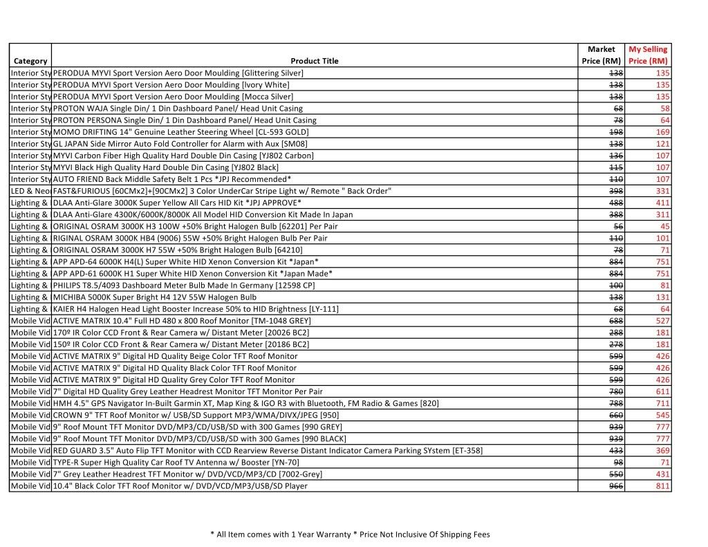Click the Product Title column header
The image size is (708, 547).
point(315,61)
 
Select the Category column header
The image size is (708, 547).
point(30,61)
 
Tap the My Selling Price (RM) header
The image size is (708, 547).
point(648,55)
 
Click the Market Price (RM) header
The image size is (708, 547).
point(601,55)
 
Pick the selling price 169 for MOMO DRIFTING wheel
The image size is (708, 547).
point(662,132)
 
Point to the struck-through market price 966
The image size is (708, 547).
point(615,486)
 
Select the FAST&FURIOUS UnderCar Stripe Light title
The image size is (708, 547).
point(222,191)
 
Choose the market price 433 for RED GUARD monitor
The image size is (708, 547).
point(615,451)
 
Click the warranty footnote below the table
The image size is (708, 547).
point(350,535)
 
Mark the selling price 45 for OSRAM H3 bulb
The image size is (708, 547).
point(664,226)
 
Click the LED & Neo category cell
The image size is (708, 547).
point(30,191)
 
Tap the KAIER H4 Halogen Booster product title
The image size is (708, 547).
point(196,309)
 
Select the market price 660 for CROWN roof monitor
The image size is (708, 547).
point(615,416)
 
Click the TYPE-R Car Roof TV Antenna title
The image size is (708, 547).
point(176,463)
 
